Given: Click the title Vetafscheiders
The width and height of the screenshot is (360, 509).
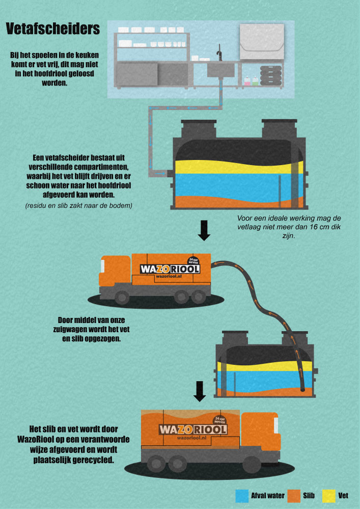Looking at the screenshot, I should point(52,29).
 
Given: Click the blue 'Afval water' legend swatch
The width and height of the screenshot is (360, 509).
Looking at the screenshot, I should point(241,494).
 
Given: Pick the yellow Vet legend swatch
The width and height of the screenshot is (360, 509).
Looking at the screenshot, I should point(328,494).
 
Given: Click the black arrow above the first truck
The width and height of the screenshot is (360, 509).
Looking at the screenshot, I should point(204,230).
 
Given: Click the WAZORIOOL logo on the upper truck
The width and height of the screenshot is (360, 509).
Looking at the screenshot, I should point(170,269).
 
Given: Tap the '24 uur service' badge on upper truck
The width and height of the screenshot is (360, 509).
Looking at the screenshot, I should point(192,260).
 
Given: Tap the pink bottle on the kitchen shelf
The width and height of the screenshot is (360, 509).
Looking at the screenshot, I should point(247,80).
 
